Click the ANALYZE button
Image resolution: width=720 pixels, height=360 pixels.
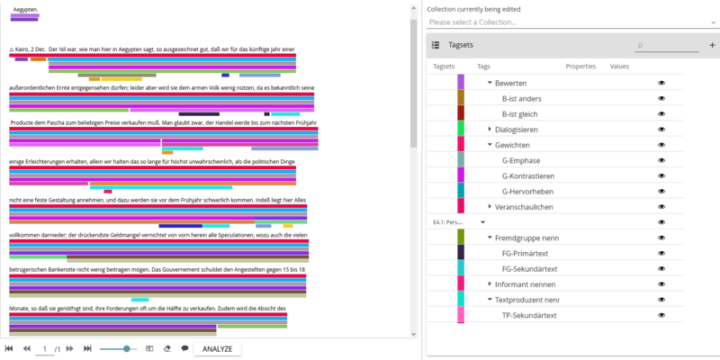217,348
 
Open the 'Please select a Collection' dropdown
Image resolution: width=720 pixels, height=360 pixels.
571,22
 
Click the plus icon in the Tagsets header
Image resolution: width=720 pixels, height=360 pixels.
712,44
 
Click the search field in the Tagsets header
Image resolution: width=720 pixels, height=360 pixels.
670,44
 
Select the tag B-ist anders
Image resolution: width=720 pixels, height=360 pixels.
520,97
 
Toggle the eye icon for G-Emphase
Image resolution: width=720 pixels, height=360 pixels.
661,160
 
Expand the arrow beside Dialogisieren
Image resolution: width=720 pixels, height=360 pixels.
490,129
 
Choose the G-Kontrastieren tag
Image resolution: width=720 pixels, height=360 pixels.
527,175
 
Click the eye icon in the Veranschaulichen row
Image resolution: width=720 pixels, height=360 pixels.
661,207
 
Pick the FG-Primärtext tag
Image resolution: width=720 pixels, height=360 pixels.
526,253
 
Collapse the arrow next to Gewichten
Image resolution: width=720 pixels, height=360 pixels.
490,145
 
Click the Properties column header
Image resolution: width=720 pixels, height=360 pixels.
580,67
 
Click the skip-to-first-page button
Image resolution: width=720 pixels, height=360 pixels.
9,348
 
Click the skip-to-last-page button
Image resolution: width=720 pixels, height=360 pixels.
87,348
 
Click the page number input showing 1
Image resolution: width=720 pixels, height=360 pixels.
46,348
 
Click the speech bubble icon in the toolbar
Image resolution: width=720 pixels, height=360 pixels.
184,348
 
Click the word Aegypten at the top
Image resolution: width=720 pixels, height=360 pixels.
25,9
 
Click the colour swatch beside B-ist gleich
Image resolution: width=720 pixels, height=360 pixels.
461,113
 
